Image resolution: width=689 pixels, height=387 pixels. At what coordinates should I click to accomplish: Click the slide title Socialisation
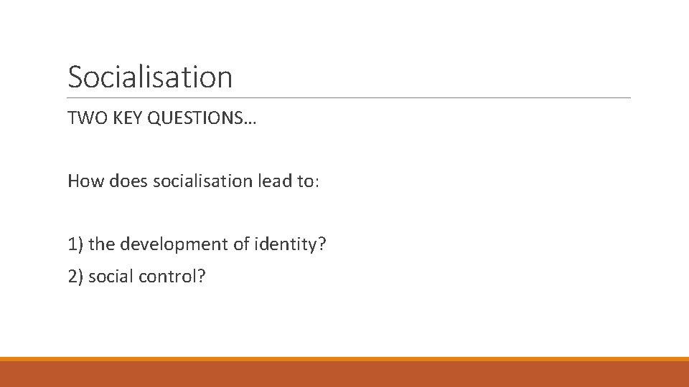pos(150,77)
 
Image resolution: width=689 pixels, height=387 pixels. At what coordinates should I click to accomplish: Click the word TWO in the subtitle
pos(83,118)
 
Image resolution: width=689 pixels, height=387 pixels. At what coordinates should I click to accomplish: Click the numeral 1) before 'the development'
pos(75,244)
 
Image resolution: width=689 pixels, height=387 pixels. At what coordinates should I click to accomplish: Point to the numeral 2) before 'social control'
pos(75,276)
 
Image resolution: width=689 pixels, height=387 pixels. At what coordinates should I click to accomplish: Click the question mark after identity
pos(322,244)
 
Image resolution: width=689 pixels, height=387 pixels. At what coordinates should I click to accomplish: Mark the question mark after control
pos(200,276)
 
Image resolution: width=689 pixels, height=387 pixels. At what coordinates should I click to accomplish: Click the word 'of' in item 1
pos(240,244)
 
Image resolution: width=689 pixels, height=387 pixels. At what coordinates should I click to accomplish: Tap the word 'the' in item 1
pos(102,244)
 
